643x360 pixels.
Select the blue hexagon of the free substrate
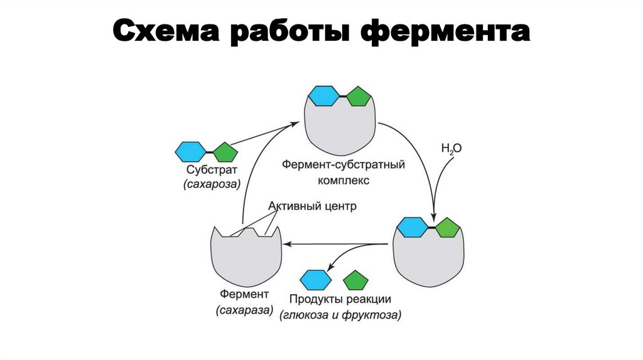tap(190, 152)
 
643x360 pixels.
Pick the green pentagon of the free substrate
tap(224, 152)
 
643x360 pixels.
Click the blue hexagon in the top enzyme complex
tap(324, 97)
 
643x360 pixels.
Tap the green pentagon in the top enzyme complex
tap(359, 97)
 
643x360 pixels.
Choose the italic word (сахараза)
tap(245, 310)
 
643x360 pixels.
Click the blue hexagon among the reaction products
tap(316, 278)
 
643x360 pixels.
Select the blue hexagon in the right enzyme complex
tap(412, 228)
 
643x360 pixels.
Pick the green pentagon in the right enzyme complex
tap(447, 228)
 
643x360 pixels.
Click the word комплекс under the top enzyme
tap(342, 179)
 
